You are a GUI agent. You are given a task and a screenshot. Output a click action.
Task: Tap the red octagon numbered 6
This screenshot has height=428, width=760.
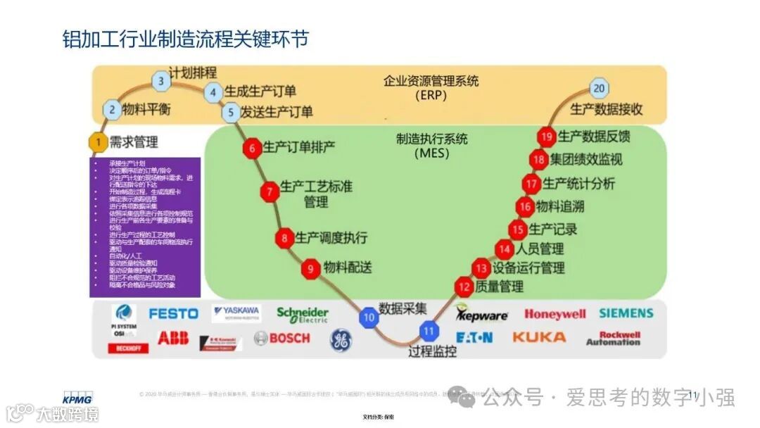tap(251, 148)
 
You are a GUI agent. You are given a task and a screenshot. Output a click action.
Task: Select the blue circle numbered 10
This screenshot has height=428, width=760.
tap(369, 317)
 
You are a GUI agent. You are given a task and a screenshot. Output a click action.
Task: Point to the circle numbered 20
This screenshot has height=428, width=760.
tap(599, 89)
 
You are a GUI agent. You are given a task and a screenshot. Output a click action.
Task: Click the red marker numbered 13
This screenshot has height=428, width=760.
tap(481, 267)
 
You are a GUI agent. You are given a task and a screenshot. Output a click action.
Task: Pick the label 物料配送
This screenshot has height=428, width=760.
tap(348, 267)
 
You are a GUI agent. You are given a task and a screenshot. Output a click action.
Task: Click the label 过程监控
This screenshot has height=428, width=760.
tap(432, 351)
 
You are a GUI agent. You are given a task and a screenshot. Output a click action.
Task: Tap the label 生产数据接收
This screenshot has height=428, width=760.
tap(606, 110)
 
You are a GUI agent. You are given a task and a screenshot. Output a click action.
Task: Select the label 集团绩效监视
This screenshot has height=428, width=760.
tap(586, 159)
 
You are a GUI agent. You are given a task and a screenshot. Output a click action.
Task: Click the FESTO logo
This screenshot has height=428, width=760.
tap(173, 313)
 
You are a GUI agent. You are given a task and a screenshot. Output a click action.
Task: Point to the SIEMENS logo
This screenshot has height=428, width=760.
tap(626, 313)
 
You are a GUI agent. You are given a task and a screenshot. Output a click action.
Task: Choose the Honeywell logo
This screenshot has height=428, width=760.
tap(555, 315)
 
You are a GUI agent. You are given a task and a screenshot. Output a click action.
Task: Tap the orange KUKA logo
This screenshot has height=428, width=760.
tap(539, 337)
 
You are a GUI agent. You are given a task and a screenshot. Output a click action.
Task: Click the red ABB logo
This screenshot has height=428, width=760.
tap(173, 339)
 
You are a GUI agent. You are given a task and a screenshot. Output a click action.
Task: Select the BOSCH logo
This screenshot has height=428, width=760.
tap(281, 339)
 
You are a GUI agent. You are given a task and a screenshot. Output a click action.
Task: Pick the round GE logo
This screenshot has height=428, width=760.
tap(341, 340)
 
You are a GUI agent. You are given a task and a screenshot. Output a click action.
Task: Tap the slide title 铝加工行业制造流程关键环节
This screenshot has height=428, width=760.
tap(185, 39)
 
